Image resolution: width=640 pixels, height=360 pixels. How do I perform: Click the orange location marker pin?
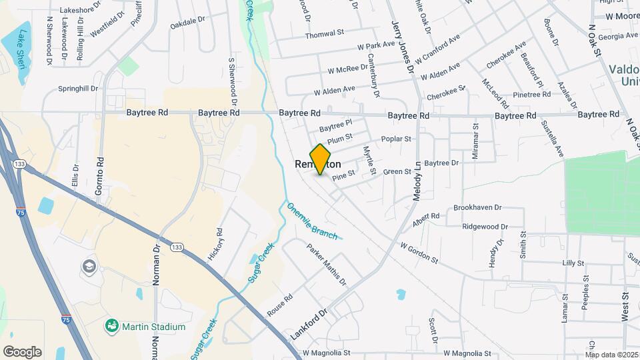[x=321, y=159]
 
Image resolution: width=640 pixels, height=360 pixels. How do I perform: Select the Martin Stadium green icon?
[x=111, y=326]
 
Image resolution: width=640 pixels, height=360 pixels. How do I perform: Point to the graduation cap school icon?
[x=89, y=267]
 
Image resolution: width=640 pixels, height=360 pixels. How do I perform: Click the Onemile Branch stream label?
[x=313, y=220]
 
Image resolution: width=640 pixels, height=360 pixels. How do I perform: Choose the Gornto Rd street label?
[x=101, y=171]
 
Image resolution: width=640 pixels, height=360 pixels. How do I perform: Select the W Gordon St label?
[x=419, y=253]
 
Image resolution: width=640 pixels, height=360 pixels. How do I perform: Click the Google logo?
[x=22, y=352]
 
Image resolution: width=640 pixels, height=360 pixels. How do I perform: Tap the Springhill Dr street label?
[x=78, y=88]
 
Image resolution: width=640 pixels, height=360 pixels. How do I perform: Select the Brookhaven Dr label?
[x=477, y=208]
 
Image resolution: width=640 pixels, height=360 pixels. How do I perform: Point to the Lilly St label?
[x=573, y=263]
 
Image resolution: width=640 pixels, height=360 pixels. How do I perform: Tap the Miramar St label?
[x=475, y=140]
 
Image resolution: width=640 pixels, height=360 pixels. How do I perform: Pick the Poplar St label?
[x=397, y=139]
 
